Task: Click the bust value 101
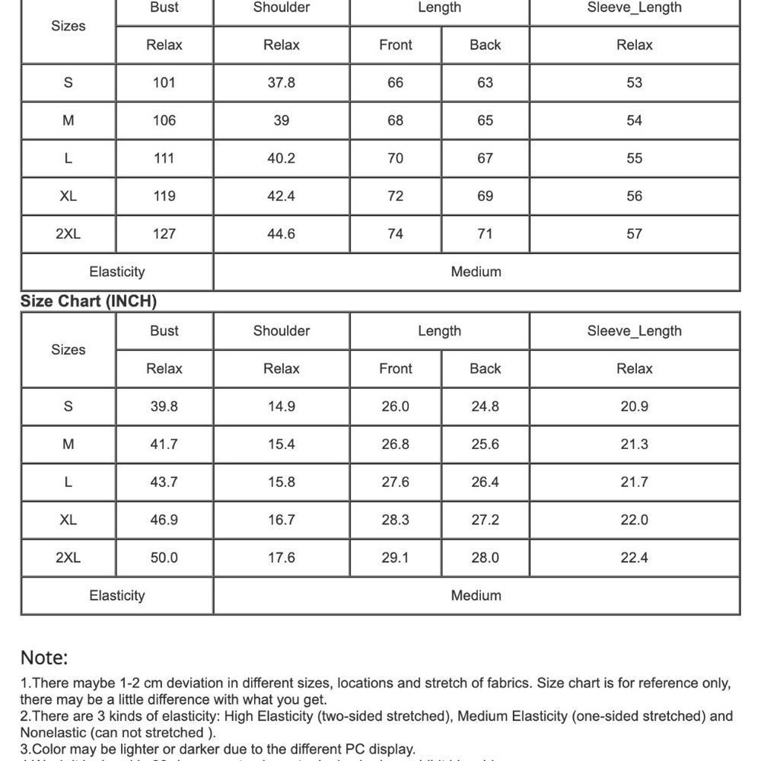pos(164,82)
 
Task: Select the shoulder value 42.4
pos(282,196)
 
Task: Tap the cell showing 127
pos(164,234)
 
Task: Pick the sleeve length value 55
pos(635,158)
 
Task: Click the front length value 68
pos(396,120)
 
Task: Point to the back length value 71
pos(486,234)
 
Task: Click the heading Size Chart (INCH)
pos(88,301)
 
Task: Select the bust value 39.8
pos(164,406)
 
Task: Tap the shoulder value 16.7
pos(282,520)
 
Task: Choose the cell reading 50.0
pos(164,558)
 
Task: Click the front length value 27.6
pos(396,482)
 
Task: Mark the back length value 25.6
pos(486,444)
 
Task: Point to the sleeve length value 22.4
pos(635,558)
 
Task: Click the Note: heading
pos(44,658)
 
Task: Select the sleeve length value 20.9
pos(635,406)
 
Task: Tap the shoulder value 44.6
pos(282,234)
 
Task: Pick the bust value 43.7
pos(164,482)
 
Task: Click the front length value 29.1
pos(396,558)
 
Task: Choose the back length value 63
pos(486,82)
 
